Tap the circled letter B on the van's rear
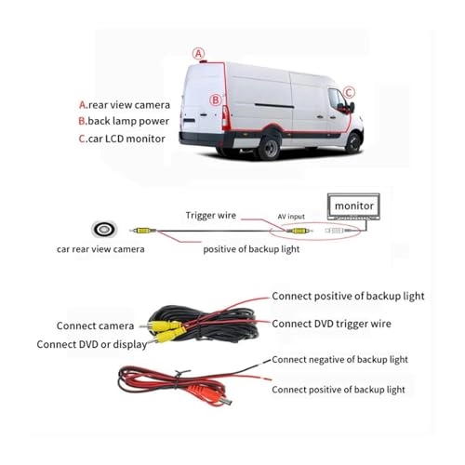(216, 100)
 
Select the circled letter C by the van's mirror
(349, 92)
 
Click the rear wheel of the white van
(271, 146)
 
